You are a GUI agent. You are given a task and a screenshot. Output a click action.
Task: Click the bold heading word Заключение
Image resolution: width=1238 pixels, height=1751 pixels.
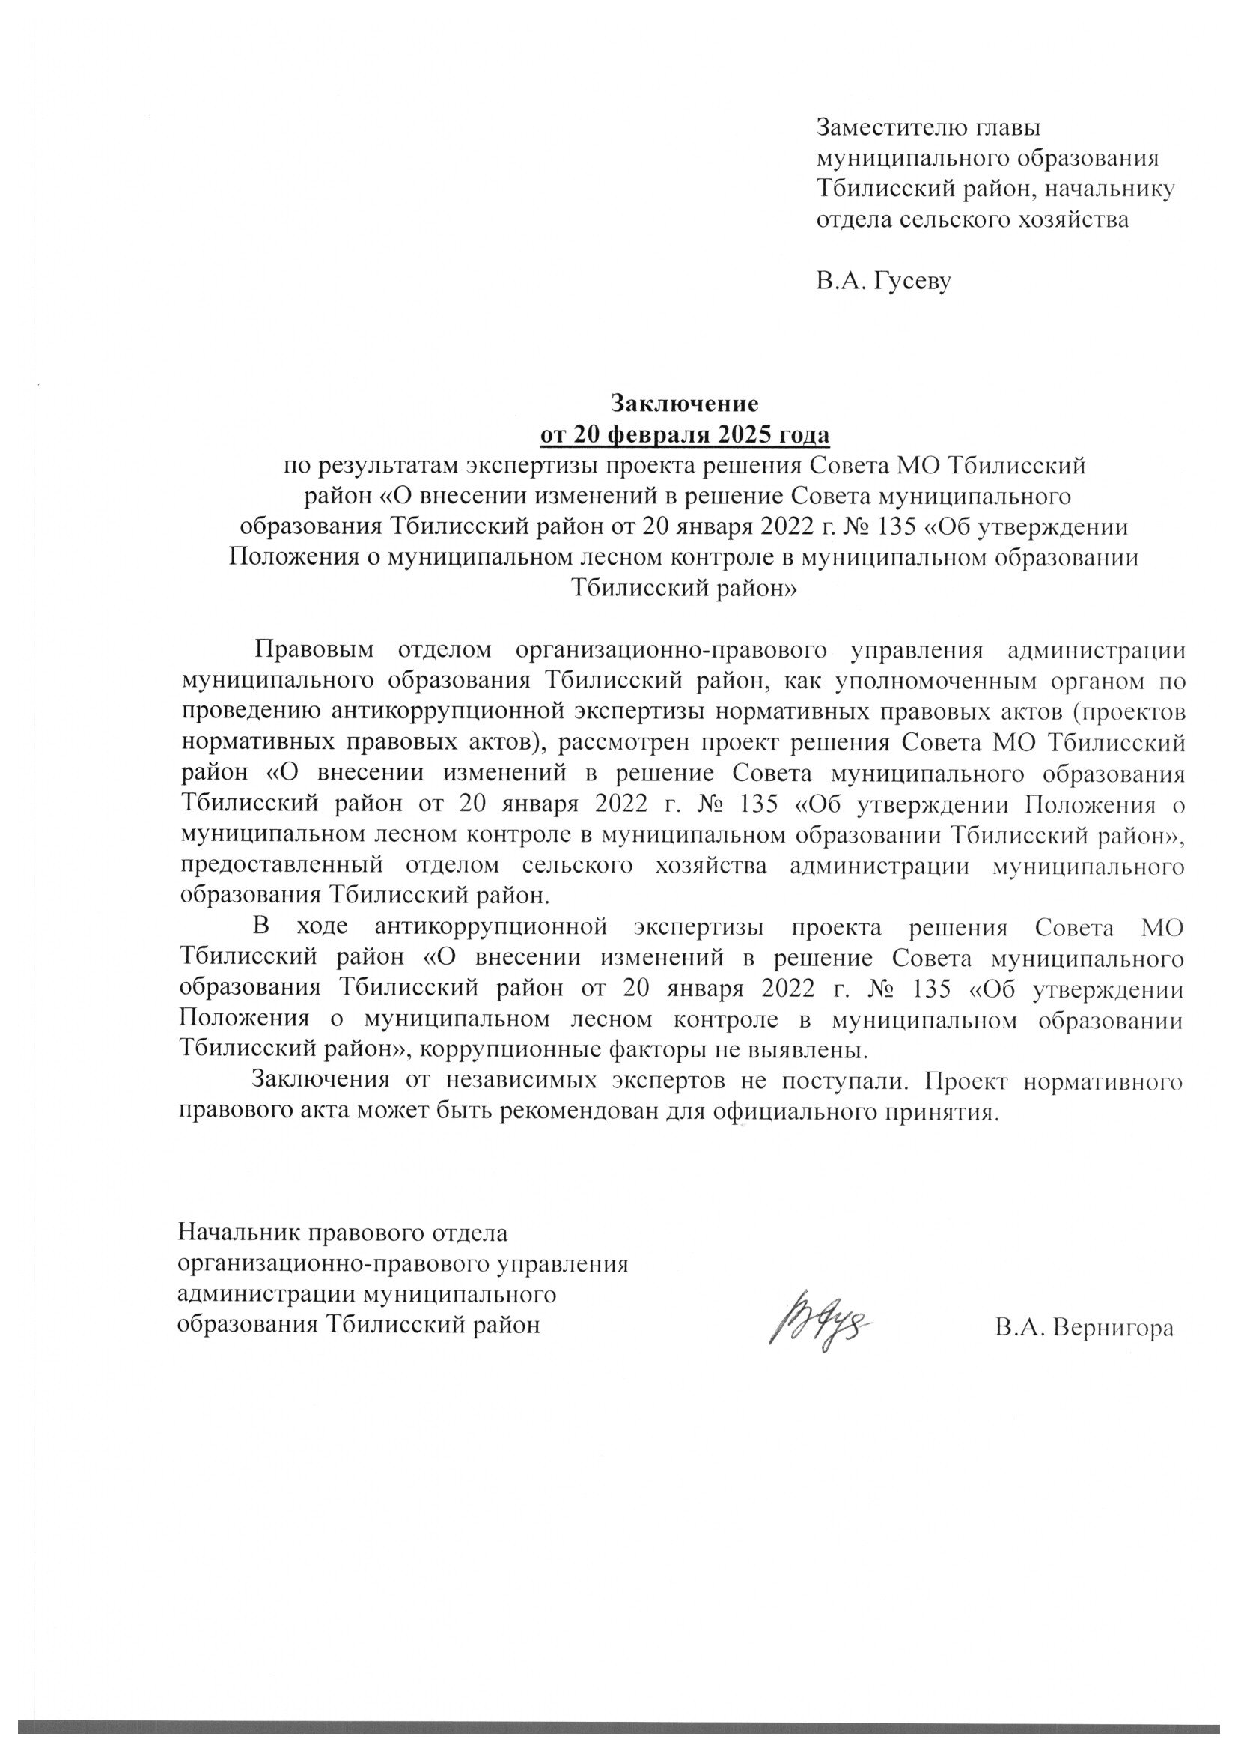(x=685, y=402)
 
